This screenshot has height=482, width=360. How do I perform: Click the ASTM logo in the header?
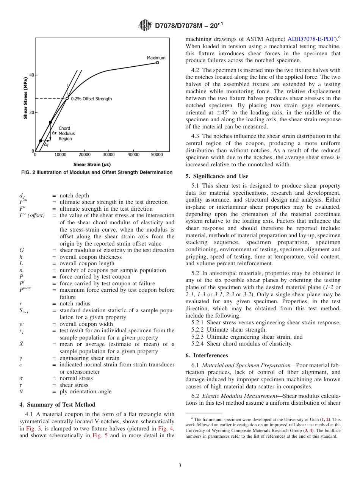tap(145, 25)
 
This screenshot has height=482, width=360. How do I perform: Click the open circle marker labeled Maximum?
tap(157, 63)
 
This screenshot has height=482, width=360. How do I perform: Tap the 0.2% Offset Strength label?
tap(91, 99)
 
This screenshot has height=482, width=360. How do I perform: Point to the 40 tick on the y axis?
tap(31, 75)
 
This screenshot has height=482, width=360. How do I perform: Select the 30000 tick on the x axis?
tap(109, 155)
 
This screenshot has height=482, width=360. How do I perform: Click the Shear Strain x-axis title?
tap(92, 164)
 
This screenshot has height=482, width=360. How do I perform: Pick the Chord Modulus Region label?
tap(67, 133)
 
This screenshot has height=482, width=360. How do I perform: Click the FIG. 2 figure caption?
tap(97, 172)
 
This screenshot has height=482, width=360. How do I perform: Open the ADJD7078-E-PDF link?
tap(311, 39)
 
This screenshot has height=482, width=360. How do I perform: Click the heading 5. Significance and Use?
tap(217, 176)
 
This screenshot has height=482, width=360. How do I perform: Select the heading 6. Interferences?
tap(207, 355)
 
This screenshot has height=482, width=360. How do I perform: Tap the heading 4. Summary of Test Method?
tap(57, 405)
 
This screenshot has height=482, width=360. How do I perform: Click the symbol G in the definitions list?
tap(21, 250)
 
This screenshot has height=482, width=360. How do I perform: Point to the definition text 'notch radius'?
tap(75, 304)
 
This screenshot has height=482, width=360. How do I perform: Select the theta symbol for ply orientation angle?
tap(21, 391)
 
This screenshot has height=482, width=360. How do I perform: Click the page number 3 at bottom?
tap(180, 466)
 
